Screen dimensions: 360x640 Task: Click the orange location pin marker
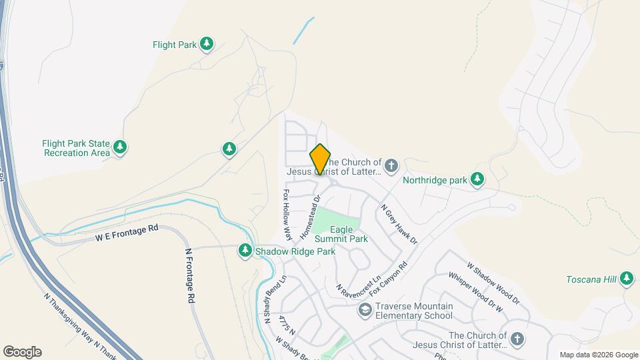tap(320, 159)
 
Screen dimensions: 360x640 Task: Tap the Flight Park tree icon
tap(207, 44)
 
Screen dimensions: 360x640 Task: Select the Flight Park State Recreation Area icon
tap(120, 147)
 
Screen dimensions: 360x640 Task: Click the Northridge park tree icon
tap(477, 179)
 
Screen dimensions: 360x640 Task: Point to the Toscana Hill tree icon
tap(626, 278)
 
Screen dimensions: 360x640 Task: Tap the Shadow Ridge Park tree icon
tap(245, 251)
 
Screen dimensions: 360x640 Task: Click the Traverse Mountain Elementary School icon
tap(365, 309)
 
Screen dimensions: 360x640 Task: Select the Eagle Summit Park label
tap(341, 233)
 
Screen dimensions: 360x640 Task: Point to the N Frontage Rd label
tap(189, 275)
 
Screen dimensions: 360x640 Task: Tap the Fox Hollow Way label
tap(287, 215)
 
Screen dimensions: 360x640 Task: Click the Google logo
tap(22, 352)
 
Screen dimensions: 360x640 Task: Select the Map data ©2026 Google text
tap(598, 355)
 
